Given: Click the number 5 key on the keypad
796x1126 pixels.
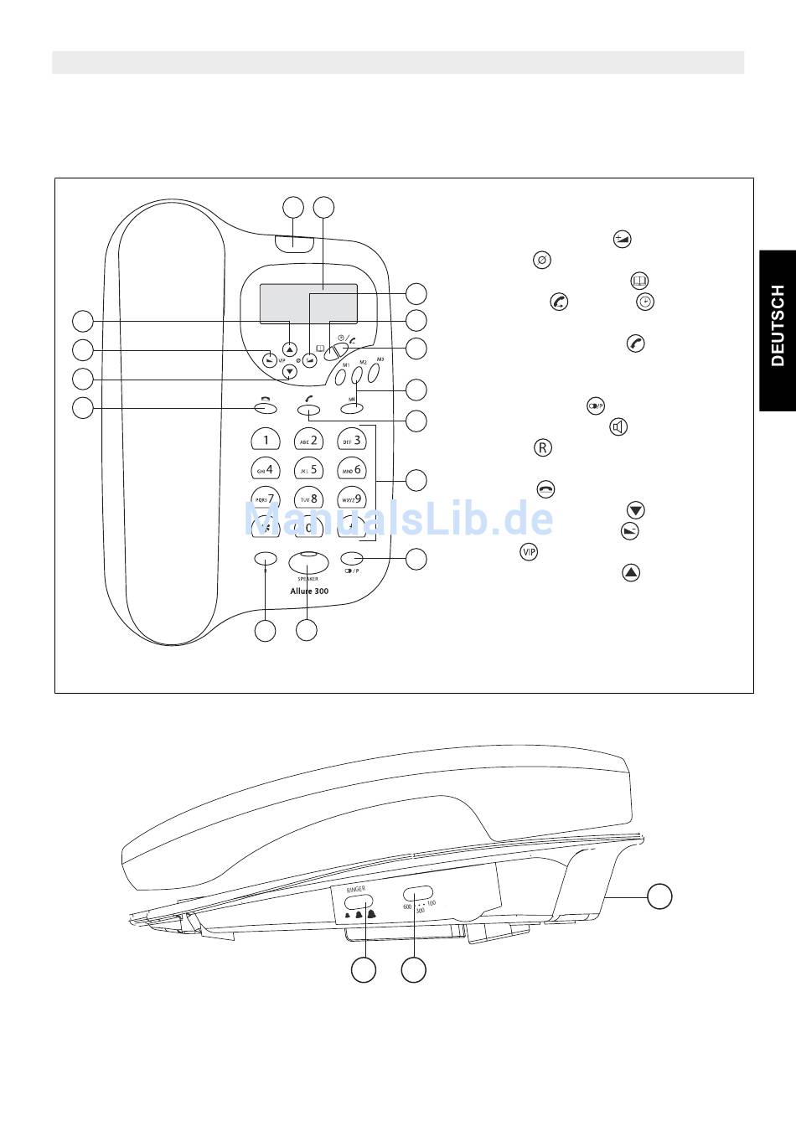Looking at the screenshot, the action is point(308,469).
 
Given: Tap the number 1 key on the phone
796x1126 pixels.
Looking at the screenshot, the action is point(266,440).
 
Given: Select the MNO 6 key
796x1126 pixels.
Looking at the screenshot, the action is point(351,469).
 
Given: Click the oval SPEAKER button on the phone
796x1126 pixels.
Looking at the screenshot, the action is point(308,562).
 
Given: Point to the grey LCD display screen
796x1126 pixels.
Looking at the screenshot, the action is point(308,303).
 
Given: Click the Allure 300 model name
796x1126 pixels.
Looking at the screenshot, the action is point(309,591).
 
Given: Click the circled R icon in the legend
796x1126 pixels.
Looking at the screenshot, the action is point(542,448).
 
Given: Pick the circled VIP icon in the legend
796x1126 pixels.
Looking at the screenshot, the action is point(529,551).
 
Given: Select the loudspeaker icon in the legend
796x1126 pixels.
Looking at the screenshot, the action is point(618,427).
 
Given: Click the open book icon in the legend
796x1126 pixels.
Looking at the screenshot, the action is point(639,281).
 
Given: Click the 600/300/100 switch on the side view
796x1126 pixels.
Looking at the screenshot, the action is point(418,893).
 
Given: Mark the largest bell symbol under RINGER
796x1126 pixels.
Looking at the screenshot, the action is point(372,914).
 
